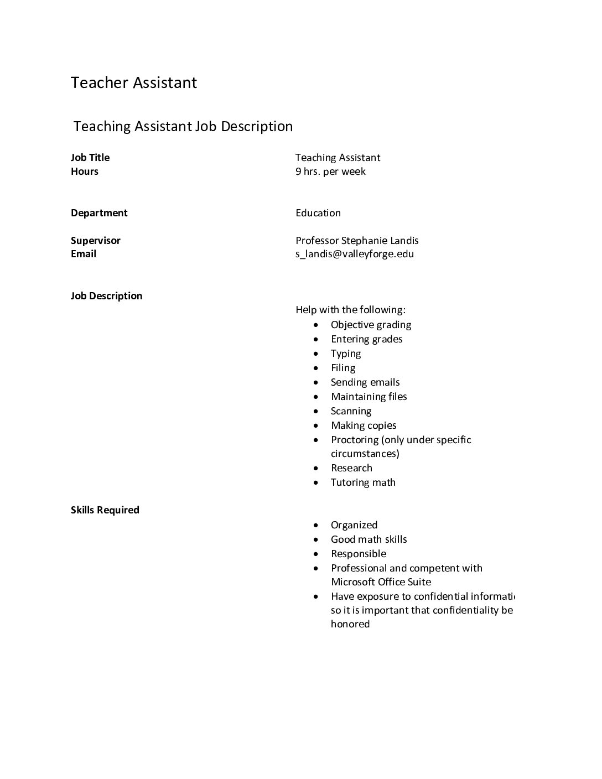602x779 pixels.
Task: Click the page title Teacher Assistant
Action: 134,83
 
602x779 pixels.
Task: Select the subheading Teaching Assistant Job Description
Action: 183,127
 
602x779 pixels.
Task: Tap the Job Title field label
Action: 90,158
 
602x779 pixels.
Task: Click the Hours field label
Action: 85,172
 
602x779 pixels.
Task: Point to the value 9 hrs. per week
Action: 330,172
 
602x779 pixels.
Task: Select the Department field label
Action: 99,213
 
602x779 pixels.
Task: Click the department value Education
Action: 318,213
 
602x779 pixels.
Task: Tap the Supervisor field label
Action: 96,241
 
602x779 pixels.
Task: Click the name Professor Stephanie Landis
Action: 357,241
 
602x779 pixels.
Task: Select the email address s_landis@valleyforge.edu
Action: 355,254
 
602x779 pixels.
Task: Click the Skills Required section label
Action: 105,510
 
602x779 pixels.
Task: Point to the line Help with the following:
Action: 350,310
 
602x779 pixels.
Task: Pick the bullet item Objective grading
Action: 371,325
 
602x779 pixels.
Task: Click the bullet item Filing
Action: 343,368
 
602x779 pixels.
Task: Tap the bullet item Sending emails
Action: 365,382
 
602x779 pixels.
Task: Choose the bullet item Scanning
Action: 351,411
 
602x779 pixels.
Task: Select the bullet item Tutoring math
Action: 363,482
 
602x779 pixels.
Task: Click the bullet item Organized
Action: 354,525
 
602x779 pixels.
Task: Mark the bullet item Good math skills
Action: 369,539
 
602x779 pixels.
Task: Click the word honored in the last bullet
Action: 350,624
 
